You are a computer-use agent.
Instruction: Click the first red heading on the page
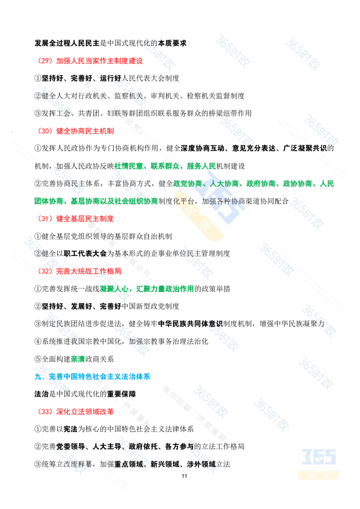tap(90, 60)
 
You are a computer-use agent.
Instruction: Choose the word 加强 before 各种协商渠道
tap(210, 201)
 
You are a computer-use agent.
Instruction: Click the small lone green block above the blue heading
tap(77, 359)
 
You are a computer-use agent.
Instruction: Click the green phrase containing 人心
tap(147, 289)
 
